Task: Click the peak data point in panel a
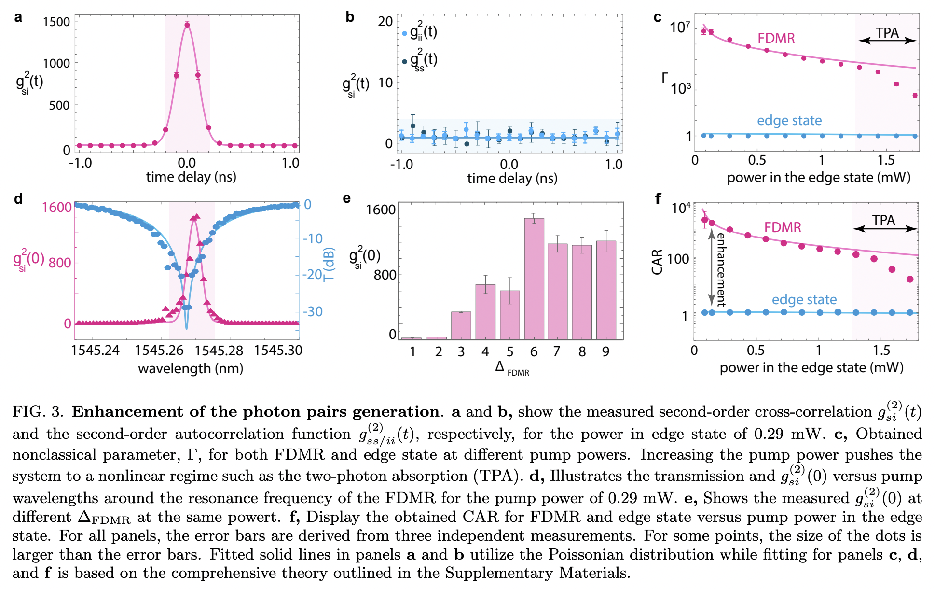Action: [x=187, y=25]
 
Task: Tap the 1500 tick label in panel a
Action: [x=56, y=22]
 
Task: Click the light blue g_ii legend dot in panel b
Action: [x=404, y=33]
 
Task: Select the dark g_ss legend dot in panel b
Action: [x=404, y=61]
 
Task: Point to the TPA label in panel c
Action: [x=887, y=32]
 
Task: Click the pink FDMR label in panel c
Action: [x=776, y=38]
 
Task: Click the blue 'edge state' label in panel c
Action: [x=789, y=120]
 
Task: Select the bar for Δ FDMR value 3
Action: [x=461, y=325]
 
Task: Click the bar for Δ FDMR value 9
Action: [x=606, y=290]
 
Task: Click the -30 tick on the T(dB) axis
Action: [x=313, y=311]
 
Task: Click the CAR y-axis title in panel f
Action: [x=657, y=262]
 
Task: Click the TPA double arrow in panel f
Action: [x=885, y=229]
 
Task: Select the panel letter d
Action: [x=18, y=198]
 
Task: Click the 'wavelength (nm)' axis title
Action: [x=190, y=368]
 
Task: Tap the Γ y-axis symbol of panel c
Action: [x=665, y=77]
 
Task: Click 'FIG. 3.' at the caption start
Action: [x=38, y=411]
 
